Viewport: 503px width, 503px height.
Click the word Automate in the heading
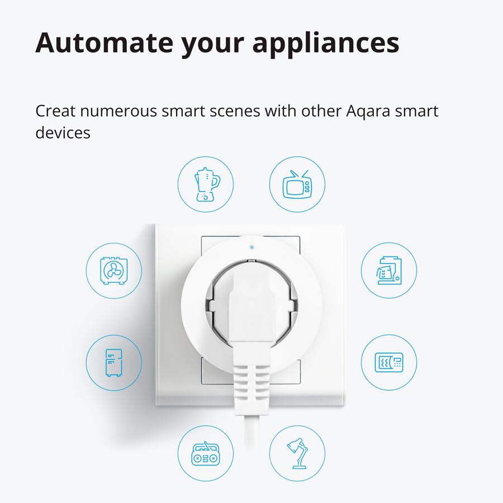pos(105,42)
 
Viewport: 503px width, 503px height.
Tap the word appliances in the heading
pos(326,45)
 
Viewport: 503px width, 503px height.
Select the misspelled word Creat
pos(55,111)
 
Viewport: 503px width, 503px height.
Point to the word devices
pos(63,132)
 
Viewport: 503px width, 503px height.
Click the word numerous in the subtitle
pos(118,112)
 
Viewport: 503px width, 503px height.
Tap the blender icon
pos(207,184)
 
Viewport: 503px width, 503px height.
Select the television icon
pos(297,184)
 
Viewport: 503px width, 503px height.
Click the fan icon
pos(114,271)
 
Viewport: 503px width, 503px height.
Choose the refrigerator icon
pos(114,363)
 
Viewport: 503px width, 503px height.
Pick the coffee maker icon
pos(389,271)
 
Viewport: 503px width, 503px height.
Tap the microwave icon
pos(389,363)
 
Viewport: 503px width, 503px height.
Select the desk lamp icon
pos(297,453)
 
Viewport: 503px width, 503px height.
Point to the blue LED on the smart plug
pos(252,247)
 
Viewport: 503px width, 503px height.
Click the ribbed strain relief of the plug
pos(251,389)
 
